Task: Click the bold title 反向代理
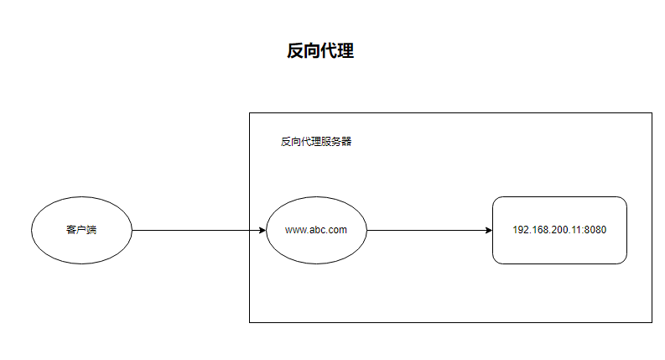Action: point(320,51)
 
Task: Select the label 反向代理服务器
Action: point(316,142)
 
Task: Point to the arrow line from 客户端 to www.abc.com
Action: point(197,230)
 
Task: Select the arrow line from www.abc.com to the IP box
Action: point(428,230)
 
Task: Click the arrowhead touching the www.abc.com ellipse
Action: point(262,230)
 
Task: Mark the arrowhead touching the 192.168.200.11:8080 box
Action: point(488,230)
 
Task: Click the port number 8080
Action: point(595,230)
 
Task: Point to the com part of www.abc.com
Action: point(336,230)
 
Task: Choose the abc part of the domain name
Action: point(317,230)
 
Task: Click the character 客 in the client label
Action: point(71,230)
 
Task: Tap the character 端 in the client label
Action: point(91,230)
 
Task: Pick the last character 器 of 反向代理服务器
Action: point(346,142)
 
